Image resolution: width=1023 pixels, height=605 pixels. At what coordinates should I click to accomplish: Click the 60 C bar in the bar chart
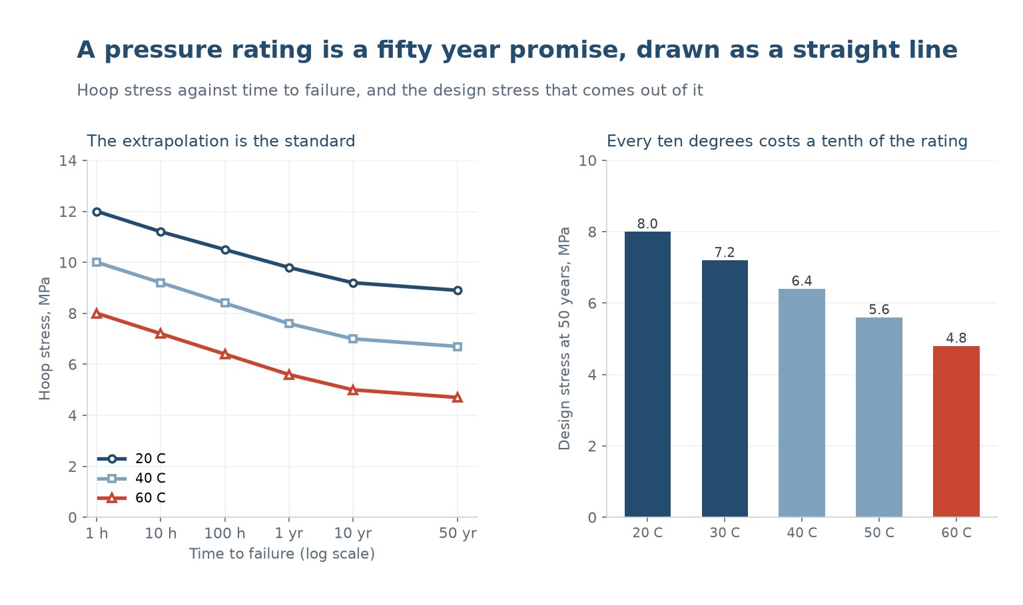[956, 432]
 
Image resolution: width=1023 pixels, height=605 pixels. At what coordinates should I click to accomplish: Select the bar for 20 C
[647, 374]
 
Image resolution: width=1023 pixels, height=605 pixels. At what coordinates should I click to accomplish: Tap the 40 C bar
[802, 403]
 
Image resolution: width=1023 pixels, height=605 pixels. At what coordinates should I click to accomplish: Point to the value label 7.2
[725, 252]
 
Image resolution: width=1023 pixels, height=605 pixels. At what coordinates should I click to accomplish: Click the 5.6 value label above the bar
[879, 309]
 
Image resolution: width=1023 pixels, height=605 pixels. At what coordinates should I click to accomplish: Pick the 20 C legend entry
[131, 459]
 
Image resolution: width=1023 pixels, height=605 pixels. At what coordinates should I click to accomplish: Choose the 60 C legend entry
[131, 498]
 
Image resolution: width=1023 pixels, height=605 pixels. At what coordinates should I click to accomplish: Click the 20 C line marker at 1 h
[97, 212]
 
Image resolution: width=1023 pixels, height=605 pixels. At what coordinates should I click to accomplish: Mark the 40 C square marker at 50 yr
[458, 347]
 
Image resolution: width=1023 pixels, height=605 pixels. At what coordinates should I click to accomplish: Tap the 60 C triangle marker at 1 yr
[288, 375]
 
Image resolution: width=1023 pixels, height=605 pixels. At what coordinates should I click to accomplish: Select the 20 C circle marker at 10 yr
[352, 284]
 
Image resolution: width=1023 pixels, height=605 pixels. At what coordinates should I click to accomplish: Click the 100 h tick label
[224, 533]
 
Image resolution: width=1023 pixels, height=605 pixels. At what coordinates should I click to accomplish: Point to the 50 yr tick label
[458, 533]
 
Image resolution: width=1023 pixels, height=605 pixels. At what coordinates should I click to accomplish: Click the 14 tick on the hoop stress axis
[67, 160]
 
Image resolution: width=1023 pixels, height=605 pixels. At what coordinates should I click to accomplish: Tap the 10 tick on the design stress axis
[588, 160]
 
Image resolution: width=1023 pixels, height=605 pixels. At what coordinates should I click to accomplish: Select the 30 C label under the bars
[725, 533]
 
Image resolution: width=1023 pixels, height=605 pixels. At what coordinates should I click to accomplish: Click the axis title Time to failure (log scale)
[282, 554]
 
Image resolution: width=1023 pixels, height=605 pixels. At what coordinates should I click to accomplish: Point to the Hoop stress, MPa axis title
[45, 339]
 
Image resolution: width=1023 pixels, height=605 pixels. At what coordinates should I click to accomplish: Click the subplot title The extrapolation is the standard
[221, 142]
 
